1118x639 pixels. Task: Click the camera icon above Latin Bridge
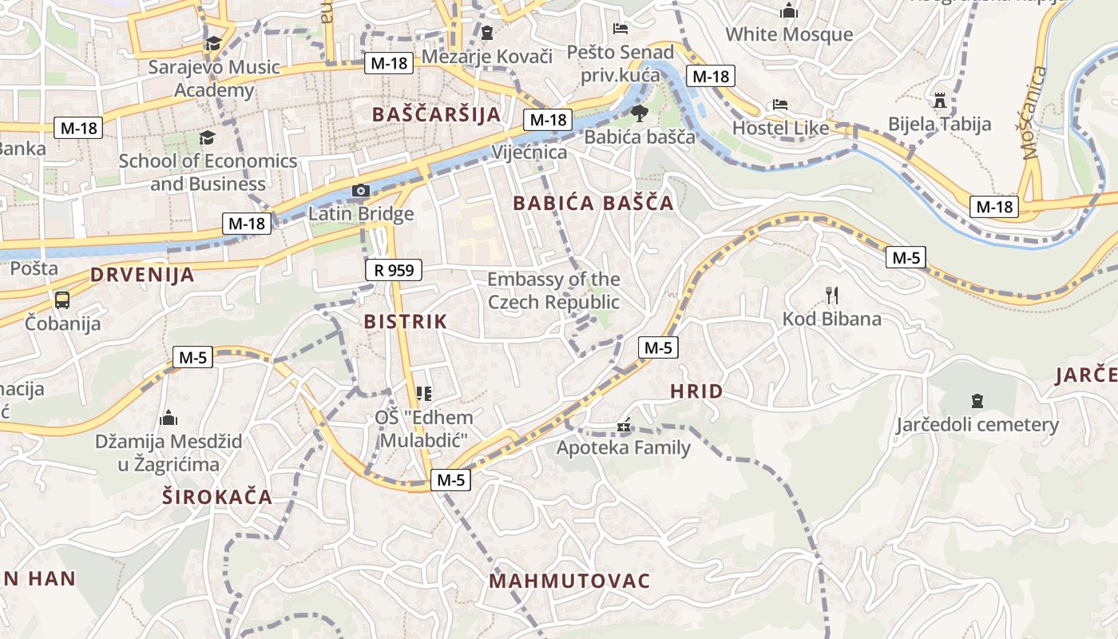[361, 190]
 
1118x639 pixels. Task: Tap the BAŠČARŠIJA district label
[436, 114]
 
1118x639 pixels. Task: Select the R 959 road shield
[394, 270]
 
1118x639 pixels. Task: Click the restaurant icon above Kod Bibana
[832, 296]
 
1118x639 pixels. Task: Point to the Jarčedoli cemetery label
[977, 424]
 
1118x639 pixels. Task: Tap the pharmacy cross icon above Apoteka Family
[623, 426]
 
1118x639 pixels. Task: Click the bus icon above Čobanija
[62, 300]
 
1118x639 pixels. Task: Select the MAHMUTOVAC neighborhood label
[569, 581]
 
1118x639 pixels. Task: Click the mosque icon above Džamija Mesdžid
[168, 418]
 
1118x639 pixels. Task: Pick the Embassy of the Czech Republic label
[553, 291]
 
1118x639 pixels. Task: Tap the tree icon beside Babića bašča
[638, 113]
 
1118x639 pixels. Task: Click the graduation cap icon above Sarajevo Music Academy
[213, 43]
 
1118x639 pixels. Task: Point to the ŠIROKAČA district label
[217, 497]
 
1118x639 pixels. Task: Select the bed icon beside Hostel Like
[780, 105]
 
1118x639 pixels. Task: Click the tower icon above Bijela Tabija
[940, 101]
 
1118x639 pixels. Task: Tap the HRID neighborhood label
[696, 391]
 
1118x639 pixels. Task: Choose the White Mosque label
[789, 34]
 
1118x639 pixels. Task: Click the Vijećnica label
[530, 152]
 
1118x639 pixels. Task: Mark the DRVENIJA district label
[142, 275]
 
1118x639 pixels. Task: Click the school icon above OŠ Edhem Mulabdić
[424, 393]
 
